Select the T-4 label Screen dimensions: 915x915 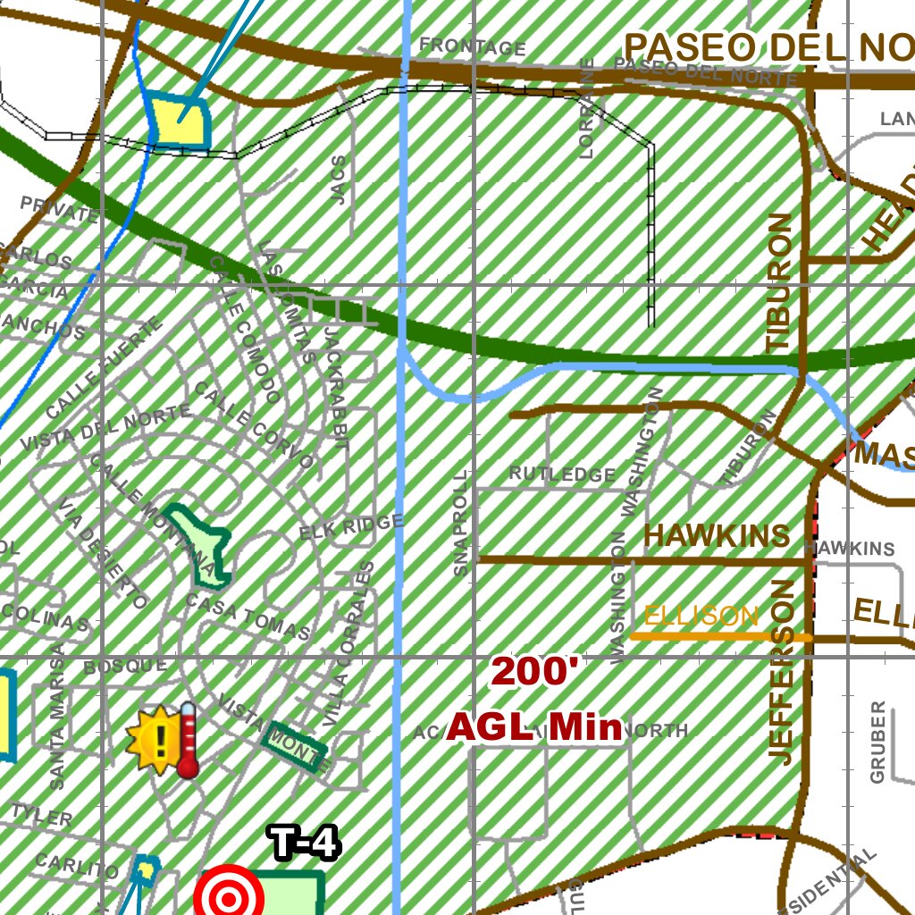(304, 844)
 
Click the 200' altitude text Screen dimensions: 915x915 (535, 673)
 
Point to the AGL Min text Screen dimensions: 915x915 (534, 727)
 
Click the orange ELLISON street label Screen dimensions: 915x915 (701, 616)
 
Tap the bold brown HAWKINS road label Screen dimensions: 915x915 (717, 536)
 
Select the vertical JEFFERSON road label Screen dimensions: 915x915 (781, 672)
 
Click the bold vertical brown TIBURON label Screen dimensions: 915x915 (779, 282)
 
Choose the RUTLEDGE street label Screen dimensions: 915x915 (562, 474)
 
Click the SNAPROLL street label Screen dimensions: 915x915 (460, 525)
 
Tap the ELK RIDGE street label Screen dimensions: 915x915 (351, 527)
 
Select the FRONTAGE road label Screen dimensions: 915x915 (472, 46)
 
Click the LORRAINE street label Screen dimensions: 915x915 (587, 108)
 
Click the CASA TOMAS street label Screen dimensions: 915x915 (248, 617)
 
